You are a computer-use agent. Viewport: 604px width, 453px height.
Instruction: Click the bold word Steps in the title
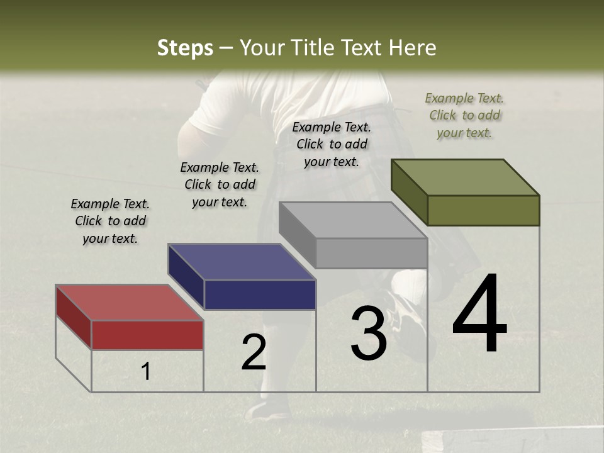pyautogui.click(x=185, y=48)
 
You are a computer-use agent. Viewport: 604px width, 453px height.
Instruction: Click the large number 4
pyautogui.click(x=479, y=315)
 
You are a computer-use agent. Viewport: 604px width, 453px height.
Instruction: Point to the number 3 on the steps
pyautogui.click(x=368, y=333)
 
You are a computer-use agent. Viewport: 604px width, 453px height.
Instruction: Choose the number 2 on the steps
pyautogui.click(x=254, y=352)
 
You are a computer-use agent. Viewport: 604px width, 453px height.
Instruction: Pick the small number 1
pyautogui.click(x=146, y=372)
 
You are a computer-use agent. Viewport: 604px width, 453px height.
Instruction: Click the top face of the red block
pyautogui.click(x=129, y=303)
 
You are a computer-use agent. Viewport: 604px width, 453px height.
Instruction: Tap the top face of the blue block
pyautogui.click(x=242, y=262)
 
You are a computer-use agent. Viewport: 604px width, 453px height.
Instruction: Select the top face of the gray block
pyautogui.click(x=353, y=220)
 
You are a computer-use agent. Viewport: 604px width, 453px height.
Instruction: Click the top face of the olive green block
pyautogui.click(x=465, y=177)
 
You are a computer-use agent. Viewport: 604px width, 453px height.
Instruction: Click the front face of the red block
pyautogui.click(x=147, y=335)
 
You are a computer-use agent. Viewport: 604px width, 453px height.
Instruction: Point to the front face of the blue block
pyautogui.click(x=260, y=294)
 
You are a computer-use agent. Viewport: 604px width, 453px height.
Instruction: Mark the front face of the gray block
pyautogui.click(x=371, y=254)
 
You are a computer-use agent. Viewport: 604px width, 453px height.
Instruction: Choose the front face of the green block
pyautogui.click(x=483, y=210)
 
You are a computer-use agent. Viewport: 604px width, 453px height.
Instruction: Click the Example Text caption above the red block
pyautogui.click(x=110, y=221)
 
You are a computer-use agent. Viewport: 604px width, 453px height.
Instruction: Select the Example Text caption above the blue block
pyautogui.click(x=220, y=184)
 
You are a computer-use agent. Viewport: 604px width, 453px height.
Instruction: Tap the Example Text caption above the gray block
pyautogui.click(x=332, y=144)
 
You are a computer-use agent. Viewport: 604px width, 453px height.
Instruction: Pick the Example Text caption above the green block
pyautogui.click(x=464, y=115)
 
